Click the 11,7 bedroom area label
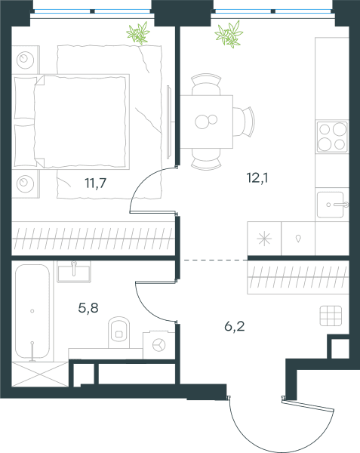click(x=96, y=183)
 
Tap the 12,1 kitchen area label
click(x=257, y=177)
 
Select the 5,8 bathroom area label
click(x=88, y=308)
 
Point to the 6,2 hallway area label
click(x=235, y=326)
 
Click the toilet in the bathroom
click(x=118, y=332)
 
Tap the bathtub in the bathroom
click(x=32, y=311)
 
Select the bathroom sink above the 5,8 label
click(x=74, y=272)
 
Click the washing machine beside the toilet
click(x=158, y=345)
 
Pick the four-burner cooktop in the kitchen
click(x=332, y=137)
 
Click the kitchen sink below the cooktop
click(x=332, y=205)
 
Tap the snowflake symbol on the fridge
click(x=264, y=239)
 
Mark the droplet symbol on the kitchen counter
click(x=298, y=239)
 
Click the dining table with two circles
click(x=207, y=122)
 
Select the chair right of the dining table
click(x=244, y=122)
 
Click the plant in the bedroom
click(x=138, y=33)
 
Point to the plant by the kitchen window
click(x=229, y=34)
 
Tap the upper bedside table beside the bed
click(x=26, y=60)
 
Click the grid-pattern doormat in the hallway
click(x=331, y=316)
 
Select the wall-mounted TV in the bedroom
click(x=170, y=122)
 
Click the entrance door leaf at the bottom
click(x=308, y=405)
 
